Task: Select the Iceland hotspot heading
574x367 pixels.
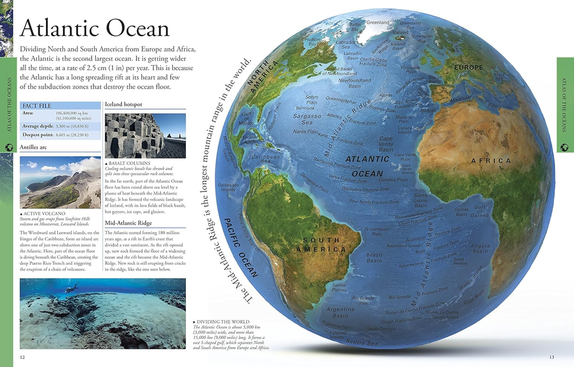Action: click(x=124, y=105)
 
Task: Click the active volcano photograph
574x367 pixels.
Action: click(x=60, y=183)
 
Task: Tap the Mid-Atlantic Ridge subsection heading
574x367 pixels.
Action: click(x=129, y=223)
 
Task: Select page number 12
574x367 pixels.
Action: click(x=22, y=357)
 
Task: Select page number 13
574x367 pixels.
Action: click(x=552, y=357)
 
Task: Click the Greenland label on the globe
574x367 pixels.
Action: click(x=378, y=22)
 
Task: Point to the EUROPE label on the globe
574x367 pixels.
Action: click(x=468, y=68)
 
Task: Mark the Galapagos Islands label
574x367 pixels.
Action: click(x=228, y=188)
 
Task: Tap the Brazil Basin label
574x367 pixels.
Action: click(x=374, y=257)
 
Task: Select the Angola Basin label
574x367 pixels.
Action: click(x=480, y=248)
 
